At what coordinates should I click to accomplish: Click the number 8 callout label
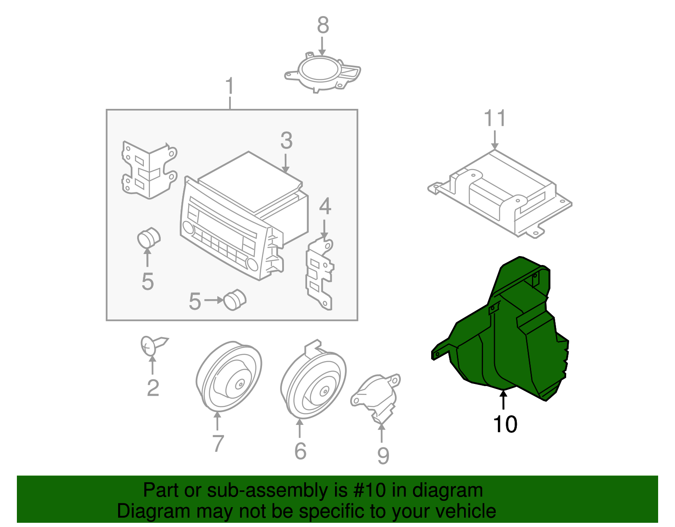(x=323, y=25)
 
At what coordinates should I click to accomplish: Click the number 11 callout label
(x=494, y=119)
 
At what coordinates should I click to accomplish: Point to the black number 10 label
(x=505, y=424)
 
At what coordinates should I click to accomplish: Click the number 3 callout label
(x=286, y=141)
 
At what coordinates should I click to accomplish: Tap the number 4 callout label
(x=325, y=207)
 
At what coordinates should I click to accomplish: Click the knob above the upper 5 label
(x=148, y=238)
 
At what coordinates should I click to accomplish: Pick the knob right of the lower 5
(x=235, y=300)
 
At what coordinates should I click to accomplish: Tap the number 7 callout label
(x=217, y=443)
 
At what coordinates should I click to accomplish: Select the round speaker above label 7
(x=229, y=376)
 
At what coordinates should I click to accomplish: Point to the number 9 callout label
(x=383, y=455)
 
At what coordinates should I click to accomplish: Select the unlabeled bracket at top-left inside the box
(x=148, y=169)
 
